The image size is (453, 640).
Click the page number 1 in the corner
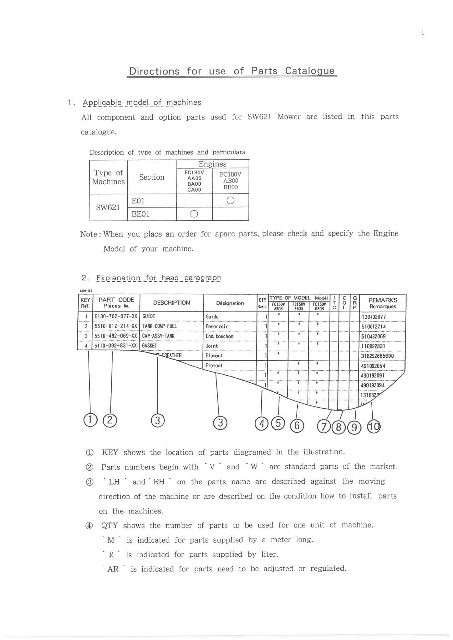coord(423,33)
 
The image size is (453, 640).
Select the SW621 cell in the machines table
coord(108,207)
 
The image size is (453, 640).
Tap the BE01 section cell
coord(140,214)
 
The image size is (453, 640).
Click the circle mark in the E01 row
coord(230,200)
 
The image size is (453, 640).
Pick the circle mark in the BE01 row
coord(194,214)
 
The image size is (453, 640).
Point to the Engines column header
coord(212,164)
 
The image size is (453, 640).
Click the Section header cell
coord(152,177)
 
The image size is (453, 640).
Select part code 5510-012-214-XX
coord(116,326)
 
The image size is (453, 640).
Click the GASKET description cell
coord(150,346)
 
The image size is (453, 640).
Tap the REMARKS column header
coord(383,303)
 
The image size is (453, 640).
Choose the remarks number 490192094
coord(373,385)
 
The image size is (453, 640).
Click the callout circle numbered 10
coord(374,426)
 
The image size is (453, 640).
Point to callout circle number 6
coord(297,425)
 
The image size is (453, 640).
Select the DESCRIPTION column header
coord(171,303)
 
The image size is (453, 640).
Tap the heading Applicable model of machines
coord(142,102)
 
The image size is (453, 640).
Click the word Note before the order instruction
coord(89,234)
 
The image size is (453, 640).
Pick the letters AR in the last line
coord(113,569)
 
